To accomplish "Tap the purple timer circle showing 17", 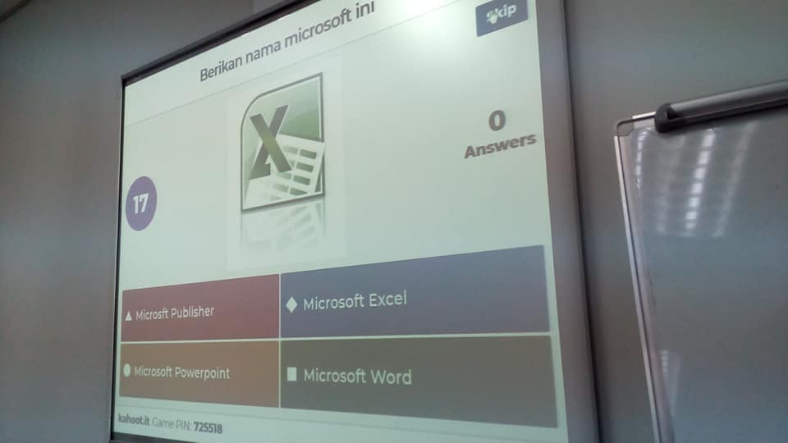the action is tap(140, 203).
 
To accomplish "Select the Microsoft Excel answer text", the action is tap(355, 301).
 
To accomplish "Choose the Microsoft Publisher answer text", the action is tap(174, 313).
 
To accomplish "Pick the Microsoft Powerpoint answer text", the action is tap(181, 372).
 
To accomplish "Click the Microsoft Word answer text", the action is tap(357, 377).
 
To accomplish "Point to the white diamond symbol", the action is tap(291, 304).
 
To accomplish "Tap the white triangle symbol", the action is tap(128, 316).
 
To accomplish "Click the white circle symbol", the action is tap(126, 371).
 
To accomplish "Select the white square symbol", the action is tap(291, 374).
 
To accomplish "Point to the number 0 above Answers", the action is tap(497, 121).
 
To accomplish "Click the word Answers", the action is tap(500, 145).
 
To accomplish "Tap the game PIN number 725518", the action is tap(208, 427).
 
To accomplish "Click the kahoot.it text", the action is tap(134, 419).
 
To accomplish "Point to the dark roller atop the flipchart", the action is tap(721, 107).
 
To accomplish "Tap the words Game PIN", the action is tap(171, 423).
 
